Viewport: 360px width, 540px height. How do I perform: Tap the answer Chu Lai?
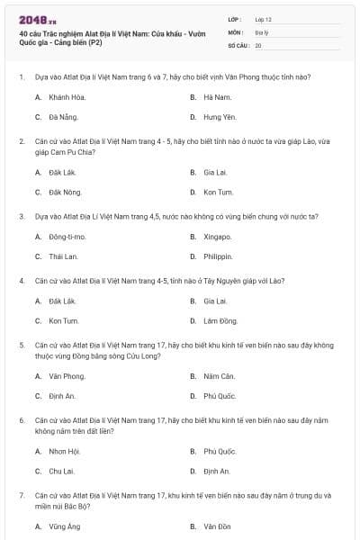[x=62, y=471]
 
